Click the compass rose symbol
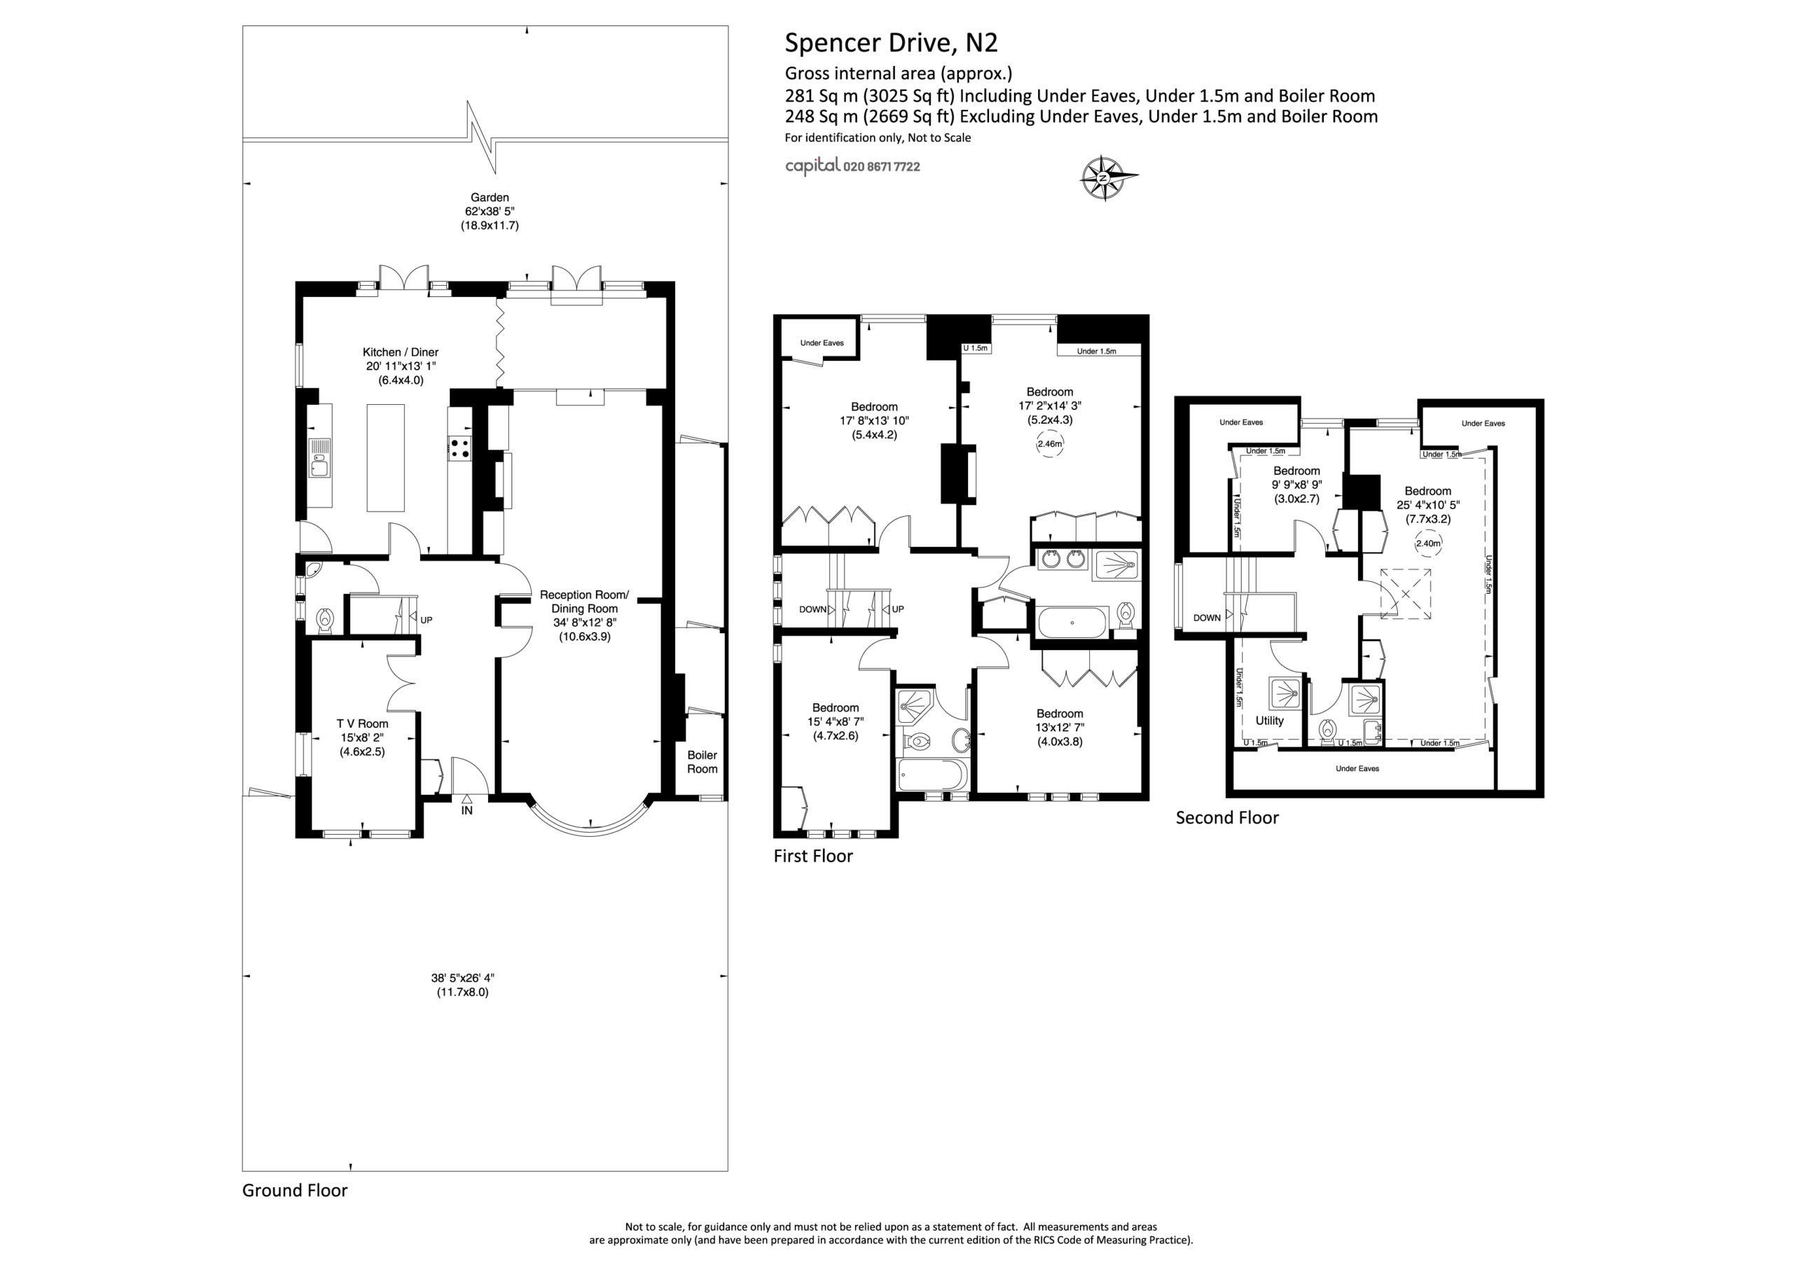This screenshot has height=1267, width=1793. point(1105,179)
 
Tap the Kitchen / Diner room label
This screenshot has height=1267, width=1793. point(400,366)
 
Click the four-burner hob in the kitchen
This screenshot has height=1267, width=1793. point(460,448)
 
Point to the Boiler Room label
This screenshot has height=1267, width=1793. point(701,761)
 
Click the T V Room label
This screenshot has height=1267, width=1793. point(362,738)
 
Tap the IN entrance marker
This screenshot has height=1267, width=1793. point(467,810)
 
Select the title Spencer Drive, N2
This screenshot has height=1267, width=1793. point(891,43)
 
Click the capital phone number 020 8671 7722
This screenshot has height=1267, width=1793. point(882,167)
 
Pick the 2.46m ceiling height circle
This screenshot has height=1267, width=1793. point(1050,443)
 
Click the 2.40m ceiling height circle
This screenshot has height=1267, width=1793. point(1427,543)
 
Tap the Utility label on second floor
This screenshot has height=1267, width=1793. point(1269,720)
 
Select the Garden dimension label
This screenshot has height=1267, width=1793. point(490,211)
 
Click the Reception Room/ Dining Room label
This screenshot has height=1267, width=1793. point(584,616)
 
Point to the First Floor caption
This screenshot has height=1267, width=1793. point(813,856)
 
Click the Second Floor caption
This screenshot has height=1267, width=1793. point(1227,818)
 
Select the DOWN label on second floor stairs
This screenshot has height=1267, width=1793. point(1207,617)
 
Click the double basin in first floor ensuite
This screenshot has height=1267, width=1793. point(1062,560)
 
